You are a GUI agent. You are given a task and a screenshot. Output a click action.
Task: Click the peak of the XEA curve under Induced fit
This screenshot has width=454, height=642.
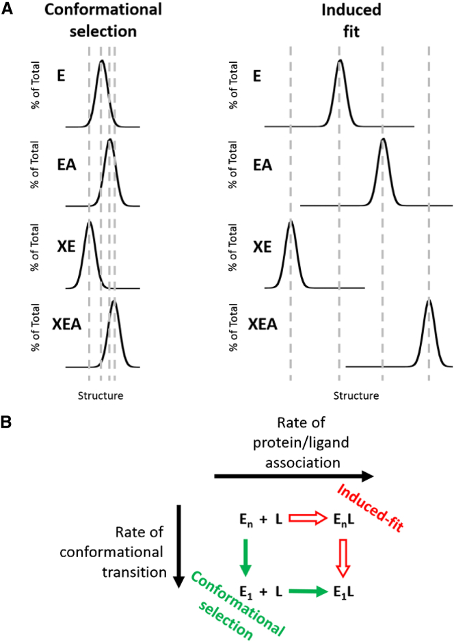pos(429,300)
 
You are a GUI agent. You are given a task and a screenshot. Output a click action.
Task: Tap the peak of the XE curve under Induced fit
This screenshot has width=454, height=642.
pos(291,222)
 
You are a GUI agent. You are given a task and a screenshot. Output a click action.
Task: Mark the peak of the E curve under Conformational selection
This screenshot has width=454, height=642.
pos(101,62)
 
